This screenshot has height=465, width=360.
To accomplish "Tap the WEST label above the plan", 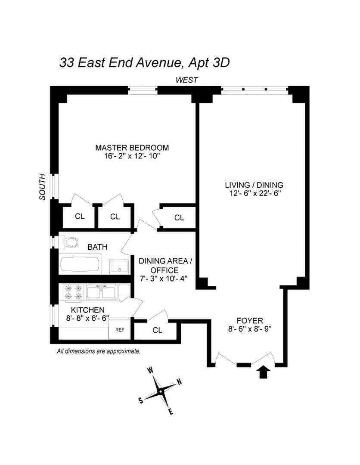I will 186,80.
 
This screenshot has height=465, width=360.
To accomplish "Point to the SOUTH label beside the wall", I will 42,186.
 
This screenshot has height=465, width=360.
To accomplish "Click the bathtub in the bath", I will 81,265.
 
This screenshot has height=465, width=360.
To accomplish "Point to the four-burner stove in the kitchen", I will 73,292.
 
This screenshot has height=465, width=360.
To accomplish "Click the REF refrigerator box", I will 119,330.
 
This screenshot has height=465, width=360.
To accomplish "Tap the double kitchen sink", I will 101,292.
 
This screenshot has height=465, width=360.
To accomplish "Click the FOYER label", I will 250,320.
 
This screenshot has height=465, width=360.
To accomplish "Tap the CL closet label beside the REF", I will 158,331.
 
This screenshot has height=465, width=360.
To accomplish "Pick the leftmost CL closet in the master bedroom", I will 80,217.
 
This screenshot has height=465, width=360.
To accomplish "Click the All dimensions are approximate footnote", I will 99,351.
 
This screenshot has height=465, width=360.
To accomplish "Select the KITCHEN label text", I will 88,310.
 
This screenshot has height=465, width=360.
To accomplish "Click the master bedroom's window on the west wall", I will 143,90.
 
